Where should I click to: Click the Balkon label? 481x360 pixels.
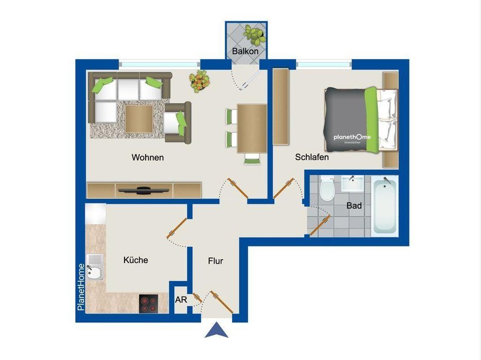tap(245, 51)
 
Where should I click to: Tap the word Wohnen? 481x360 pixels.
tap(148, 157)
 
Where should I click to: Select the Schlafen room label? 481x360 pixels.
tap(312, 157)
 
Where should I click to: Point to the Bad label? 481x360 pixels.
tap(354, 205)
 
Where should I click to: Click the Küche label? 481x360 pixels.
tap(136, 260)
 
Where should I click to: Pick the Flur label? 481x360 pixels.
tap(216, 261)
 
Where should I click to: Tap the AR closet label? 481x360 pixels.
tap(181, 300)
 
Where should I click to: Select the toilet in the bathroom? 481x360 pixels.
tap(327, 188)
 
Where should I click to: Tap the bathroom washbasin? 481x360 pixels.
tap(351, 184)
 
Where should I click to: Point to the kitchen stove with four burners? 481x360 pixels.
tap(149, 303)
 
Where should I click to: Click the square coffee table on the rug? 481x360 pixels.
tap(139, 118)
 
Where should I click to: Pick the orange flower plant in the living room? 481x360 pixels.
tap(200, 81)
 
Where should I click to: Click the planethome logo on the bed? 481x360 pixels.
tap(352, 138)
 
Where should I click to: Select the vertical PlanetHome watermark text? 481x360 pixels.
tap(81, 286)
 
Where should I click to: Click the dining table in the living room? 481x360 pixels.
tap(252, 128)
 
